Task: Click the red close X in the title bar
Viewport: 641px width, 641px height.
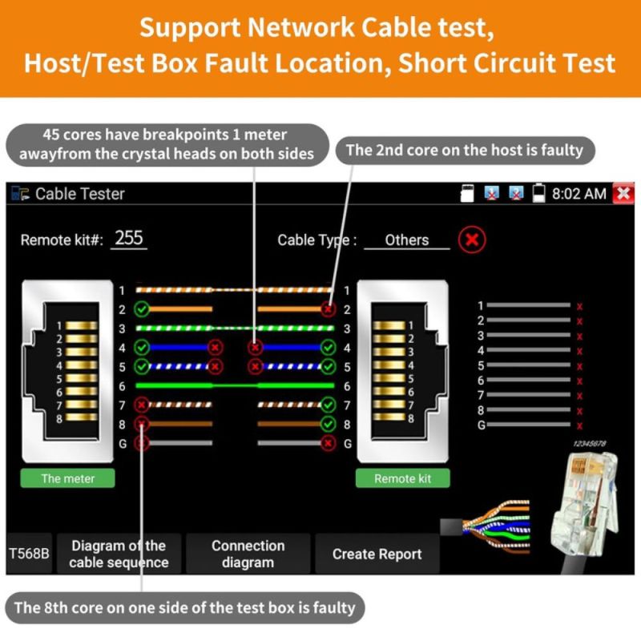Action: (x=623, y=193)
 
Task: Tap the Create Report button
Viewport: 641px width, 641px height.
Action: (x=377, y=554)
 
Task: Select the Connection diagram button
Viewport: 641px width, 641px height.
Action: (x=248, y=554)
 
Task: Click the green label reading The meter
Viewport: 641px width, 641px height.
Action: (x=67, y=478)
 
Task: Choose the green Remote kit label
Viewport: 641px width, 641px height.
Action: (x=402, y=478)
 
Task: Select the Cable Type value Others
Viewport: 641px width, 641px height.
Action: (x=406, y=240)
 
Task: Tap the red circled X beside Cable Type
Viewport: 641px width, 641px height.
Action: (x=472, y=240)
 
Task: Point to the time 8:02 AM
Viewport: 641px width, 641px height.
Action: (x=579, y=194)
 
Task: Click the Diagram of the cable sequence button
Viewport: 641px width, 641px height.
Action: (x=119, y=554)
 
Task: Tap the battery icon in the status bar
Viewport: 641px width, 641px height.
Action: (x=538, y=194)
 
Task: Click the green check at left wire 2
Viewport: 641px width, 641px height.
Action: (x=142, y=308)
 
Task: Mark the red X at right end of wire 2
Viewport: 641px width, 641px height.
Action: (x=328, y=308)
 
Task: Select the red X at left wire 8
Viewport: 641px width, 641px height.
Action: (x=142, y=424)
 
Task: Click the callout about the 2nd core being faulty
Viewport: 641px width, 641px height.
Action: (x=464, y=150)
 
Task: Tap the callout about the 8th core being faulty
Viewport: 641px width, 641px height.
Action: (x=184, y=607)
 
